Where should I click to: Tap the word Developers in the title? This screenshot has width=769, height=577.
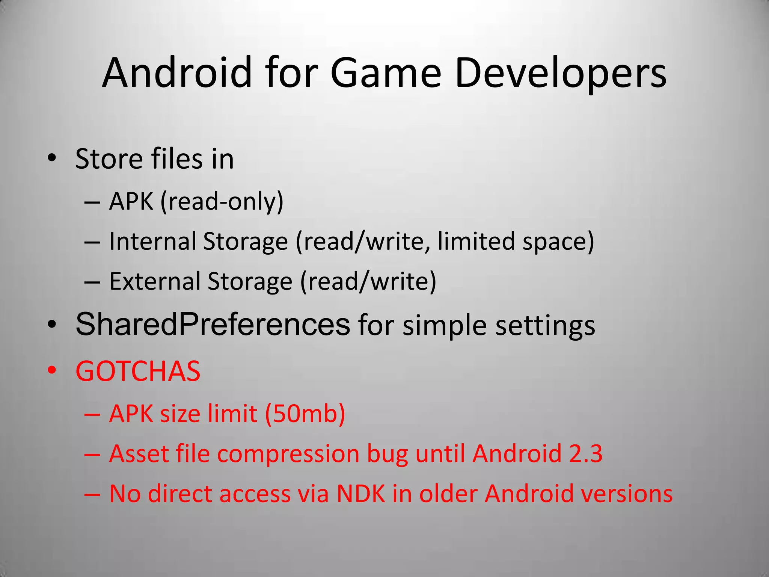click(561, 74)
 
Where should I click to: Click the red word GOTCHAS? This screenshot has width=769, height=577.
click(138, 371)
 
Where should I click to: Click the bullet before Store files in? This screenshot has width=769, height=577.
click(52, 158)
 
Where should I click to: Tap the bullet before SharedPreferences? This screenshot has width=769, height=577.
click(52, 324)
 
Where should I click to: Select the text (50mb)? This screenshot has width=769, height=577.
click(305, 414)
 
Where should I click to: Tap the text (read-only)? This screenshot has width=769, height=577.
click(222, 202)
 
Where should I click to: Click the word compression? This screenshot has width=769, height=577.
click(288, 454)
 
